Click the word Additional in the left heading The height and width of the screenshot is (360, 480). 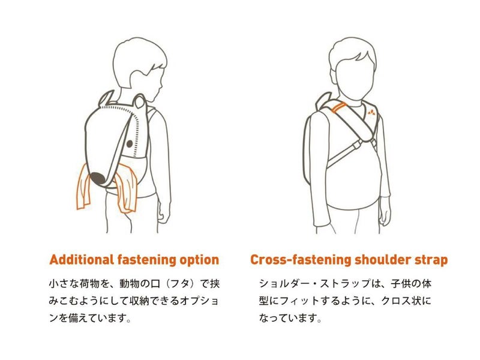[82, 260]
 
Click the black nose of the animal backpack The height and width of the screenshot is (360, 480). [98, 178]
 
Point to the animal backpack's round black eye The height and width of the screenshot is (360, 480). [130, 143]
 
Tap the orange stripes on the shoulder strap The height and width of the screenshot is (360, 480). [340, 108]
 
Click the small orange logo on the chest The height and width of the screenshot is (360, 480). [371, 113]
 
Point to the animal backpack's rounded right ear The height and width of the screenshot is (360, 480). [140, 101]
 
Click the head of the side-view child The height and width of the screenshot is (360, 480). [140, 68]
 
